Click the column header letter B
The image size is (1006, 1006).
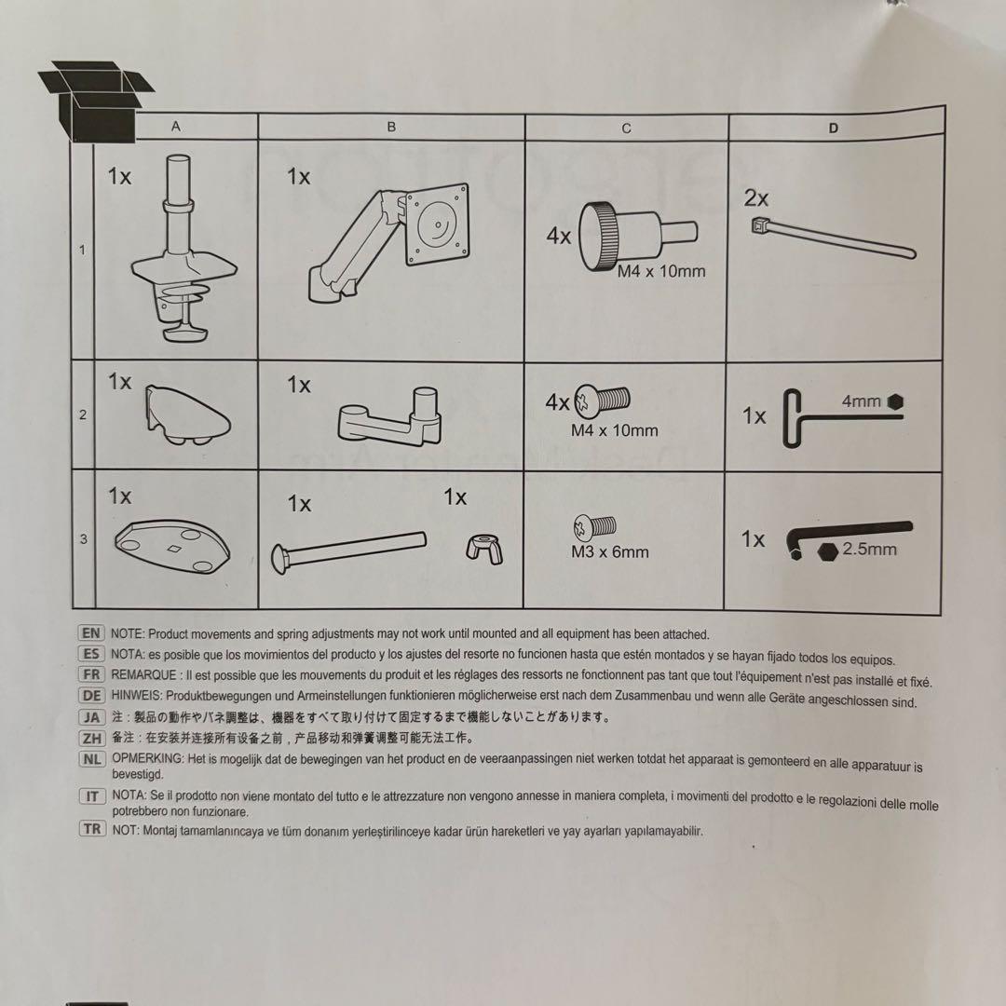[x=391, y=127]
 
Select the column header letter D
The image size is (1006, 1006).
[x=834, y=128]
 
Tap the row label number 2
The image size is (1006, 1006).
[x=83, y=415]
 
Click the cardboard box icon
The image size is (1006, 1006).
[x=96, y=102]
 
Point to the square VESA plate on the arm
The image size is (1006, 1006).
[x=437, y=224]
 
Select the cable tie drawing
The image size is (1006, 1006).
[x=833, y=238]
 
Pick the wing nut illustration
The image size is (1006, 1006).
[x=483, y=550]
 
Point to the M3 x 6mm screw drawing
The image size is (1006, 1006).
[x=594, y=527]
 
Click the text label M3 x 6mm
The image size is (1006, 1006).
[x=609, y=551]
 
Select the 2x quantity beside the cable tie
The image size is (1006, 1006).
[x=755, y=198]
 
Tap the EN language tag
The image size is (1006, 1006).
[x=91, y=633]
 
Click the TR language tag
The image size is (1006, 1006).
[x=92, y=829]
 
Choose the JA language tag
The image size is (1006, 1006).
[x=91, y=716]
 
